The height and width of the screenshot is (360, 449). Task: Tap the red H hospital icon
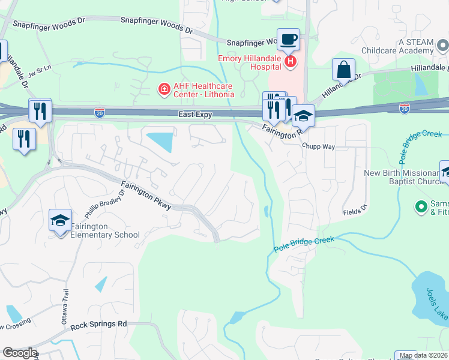tap(291, 61)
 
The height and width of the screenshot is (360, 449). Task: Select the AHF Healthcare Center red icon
tap(163, 90)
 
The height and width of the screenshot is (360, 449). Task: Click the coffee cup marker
tap(289, 39)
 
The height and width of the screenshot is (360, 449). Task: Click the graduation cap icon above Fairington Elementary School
tap(61, 221)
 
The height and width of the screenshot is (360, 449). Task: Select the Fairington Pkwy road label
tap(146, 196)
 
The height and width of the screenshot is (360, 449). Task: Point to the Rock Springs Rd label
tap(99, 325)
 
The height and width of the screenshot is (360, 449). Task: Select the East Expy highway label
tap(195, 114)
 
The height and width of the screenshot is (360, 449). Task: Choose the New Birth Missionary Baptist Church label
tap(405, 178)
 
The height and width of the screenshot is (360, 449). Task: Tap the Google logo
tap(20, 353)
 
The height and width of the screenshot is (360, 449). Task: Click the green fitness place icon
tap(421, 208)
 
